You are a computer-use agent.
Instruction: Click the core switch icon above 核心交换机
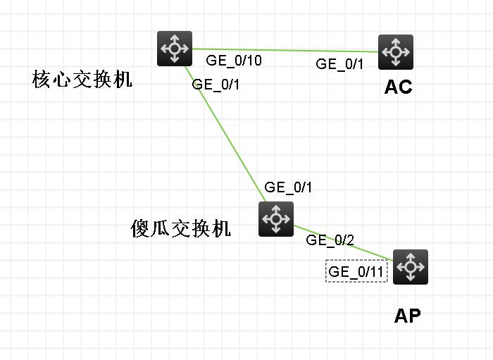coord(175,49)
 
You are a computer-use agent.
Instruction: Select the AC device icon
coord(396,52)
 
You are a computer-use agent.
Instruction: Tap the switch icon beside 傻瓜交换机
coord(276,218)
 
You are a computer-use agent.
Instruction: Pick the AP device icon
coord(411,267)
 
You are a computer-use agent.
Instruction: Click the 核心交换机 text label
coord(82,80)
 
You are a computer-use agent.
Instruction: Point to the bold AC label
coord(398,87)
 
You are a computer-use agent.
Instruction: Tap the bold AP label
coord(407,316)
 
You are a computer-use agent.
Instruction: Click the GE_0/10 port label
coord(234,61)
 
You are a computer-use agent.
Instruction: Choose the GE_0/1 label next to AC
coord(339,64)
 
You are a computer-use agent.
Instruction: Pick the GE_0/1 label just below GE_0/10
coord(216,85)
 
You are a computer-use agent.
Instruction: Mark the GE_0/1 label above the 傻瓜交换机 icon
coord(288,187)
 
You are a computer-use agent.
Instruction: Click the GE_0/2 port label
coord(330,240)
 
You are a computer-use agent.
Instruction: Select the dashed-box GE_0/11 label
coord(357,271)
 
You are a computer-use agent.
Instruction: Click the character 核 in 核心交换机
coord(42,80)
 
